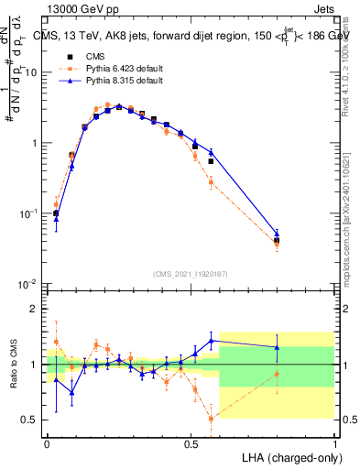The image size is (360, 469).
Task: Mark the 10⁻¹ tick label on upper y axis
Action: coord(28,213)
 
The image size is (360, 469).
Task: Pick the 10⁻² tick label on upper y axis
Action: coord(28,285)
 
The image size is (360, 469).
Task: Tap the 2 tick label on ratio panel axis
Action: coord(36,309)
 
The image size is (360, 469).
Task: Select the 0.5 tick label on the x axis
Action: coord(191,444)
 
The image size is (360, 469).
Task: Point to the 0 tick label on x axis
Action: coord(47,444)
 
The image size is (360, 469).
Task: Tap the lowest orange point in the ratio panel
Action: coord(212,419)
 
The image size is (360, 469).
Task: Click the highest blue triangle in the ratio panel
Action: coord(212,341)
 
